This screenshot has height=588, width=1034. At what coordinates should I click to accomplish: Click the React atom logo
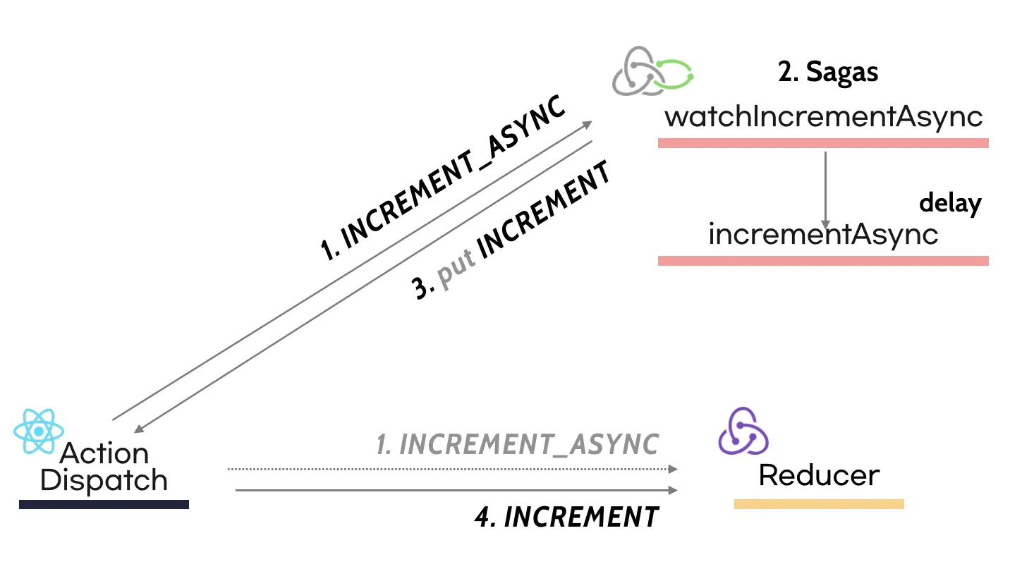point(39,431)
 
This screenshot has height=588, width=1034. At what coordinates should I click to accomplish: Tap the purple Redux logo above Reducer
point(743,431)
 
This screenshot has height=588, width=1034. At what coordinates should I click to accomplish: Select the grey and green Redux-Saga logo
point(652,71)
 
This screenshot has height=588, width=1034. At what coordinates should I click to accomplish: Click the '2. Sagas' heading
point(827,72)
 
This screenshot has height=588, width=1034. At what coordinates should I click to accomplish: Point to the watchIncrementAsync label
point(823,116)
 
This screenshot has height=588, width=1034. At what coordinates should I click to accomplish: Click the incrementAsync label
point(823,235)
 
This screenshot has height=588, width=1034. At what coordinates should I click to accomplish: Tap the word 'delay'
point(950,203)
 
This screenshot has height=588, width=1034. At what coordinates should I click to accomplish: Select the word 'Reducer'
point(819,475)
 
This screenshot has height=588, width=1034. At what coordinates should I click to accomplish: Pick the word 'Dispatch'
point(104,480)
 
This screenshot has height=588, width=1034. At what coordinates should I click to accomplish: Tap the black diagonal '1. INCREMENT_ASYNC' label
point(443,178)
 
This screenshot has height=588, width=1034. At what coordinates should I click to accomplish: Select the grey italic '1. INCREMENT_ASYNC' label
point(518,444)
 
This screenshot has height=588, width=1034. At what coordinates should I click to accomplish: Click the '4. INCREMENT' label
point(567,517)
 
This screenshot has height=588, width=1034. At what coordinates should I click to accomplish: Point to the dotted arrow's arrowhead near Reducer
point(673,469)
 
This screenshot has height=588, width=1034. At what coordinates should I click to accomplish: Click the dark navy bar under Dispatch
point(104,505)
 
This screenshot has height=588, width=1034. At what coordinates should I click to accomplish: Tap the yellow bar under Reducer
point(819,504)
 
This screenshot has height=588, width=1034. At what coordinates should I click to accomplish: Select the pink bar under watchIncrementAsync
point(823,143)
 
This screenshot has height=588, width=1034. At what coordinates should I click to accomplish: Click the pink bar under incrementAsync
point(823,261)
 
